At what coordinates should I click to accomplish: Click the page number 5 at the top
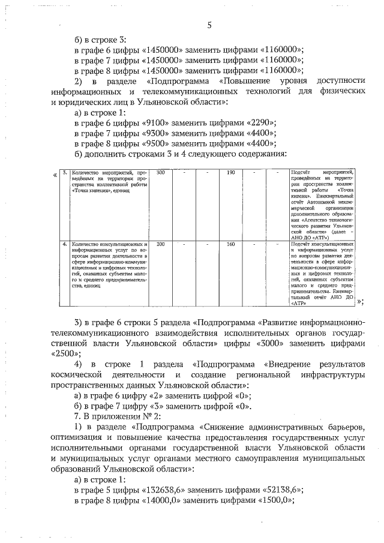209,25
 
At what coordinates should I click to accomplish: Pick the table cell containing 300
160,173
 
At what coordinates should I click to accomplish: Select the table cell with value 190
230,173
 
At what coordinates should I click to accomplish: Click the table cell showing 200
160,244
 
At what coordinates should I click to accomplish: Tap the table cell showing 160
230,244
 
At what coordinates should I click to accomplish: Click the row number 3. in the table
65,173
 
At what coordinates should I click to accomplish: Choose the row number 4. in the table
65,244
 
